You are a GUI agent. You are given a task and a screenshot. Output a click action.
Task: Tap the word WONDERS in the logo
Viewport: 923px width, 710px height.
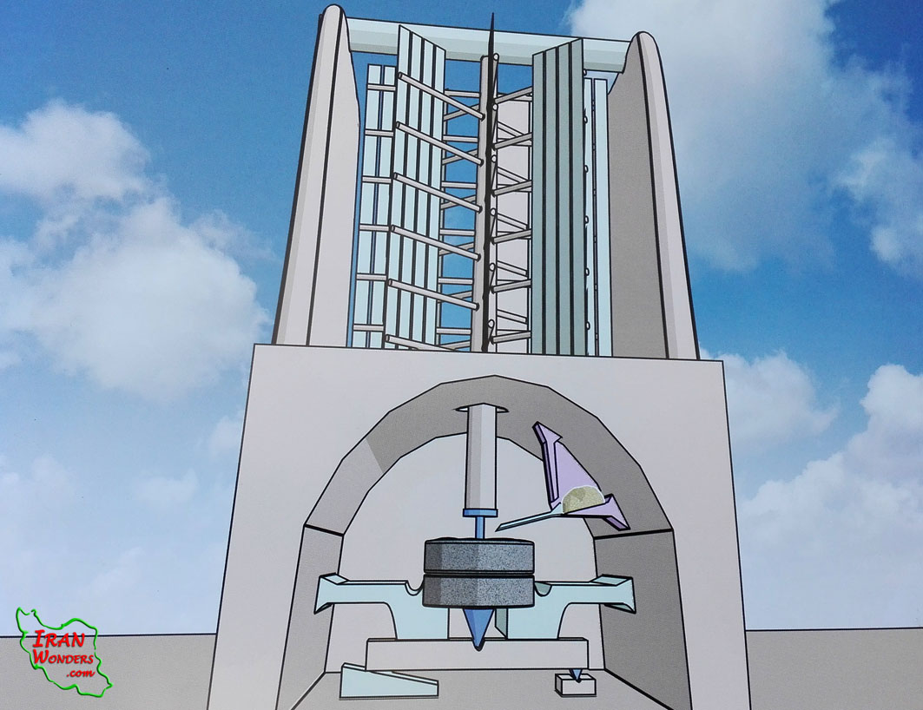tap(63, 657)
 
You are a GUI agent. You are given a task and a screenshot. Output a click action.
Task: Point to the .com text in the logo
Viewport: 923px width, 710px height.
tap(80, 673)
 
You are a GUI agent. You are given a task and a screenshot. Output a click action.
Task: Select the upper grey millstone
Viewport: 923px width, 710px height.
tap(478, 554)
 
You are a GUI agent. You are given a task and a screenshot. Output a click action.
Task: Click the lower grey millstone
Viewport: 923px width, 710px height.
tap(478, 590)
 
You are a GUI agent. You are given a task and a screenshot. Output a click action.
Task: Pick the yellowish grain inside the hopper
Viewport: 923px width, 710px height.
tap(581, 497)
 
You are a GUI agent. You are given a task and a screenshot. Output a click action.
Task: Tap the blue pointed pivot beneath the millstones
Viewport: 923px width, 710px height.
tap(478, 629)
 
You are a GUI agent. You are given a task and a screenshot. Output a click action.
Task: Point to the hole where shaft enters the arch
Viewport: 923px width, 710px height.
tap(480, 407)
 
